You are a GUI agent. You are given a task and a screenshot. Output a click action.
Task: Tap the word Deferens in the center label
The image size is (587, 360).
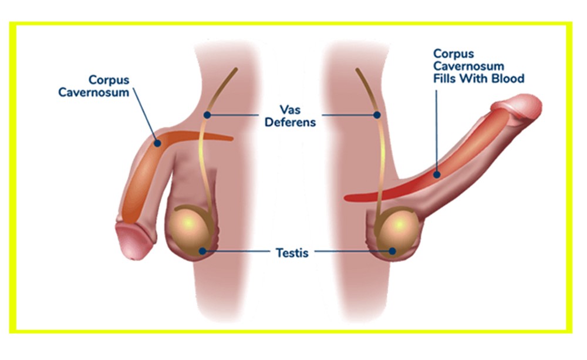(x=291, y=123)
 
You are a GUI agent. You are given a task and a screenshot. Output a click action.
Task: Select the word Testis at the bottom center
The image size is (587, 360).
(x=292, y=253)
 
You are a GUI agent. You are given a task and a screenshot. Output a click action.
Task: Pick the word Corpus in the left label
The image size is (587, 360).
(x=109, y=79)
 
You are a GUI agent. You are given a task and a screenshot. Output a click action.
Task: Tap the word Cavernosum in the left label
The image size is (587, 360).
(x=93, y=92)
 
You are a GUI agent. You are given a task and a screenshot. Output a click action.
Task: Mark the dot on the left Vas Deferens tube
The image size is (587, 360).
(x=206, y=115)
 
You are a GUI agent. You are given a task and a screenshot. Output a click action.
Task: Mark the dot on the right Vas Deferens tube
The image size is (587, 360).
(x=377, y=115)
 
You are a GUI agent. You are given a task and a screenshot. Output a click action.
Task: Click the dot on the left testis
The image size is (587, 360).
(x=201, y=251)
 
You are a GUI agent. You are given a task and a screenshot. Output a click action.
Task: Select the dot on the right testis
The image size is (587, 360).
(x=392, y=251)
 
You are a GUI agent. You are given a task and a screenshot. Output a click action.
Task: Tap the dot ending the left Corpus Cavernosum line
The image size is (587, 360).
(x=157, y=142)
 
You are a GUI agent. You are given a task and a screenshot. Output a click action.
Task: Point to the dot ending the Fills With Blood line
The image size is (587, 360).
(x=437, y=174)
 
